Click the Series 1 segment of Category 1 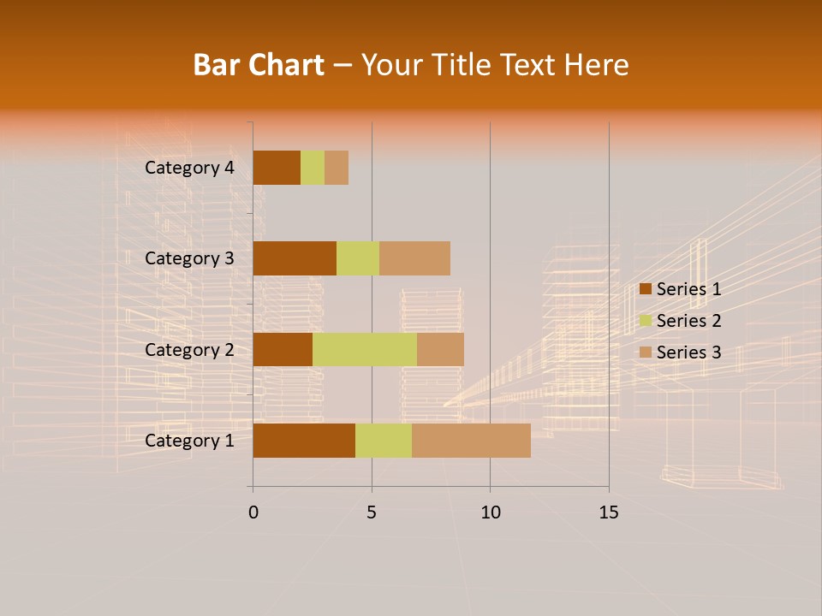click(304, 441)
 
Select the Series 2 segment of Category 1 click(384, 441)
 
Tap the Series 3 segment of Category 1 click(471, 441)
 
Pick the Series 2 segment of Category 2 click(365, 349)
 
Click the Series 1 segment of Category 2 click(283, 349)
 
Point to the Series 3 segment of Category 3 click(414, 258)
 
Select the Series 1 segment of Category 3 click(295, 258)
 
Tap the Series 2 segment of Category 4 click(313, 168)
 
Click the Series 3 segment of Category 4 click(337, 168)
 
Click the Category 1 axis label click(189, 441)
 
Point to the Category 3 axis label click(189, 258)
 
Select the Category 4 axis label click(189, 168)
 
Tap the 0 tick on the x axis click(253, 512)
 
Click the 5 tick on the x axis click(372, 512)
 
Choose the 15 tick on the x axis click(609, 512)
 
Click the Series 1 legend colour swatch click(646, 289)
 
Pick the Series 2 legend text click(688, 321)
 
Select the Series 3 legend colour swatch click(646, 352)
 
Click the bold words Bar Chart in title click(258, 65)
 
